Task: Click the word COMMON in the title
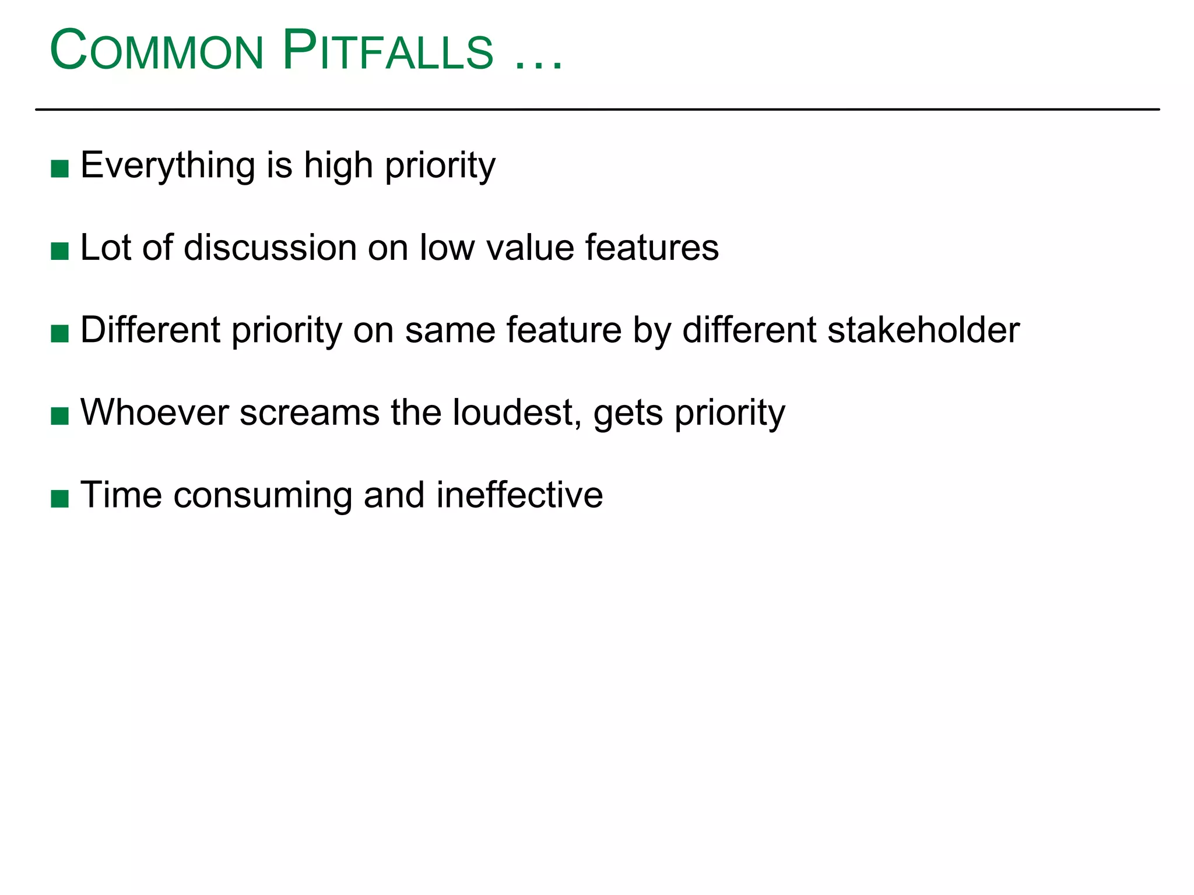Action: tap(157, 51)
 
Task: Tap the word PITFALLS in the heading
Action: tap(388, 51)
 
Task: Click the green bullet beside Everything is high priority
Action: tap(60, 169)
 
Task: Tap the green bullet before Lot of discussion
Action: tap(60, 252)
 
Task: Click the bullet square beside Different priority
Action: tap(60, 334)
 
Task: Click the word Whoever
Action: tap(154, 413)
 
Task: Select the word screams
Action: tap(310, 413)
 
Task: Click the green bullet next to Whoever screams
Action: tap(60, 416)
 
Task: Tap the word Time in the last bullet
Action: tap(121, 495)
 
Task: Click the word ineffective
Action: tap(519, 495)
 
